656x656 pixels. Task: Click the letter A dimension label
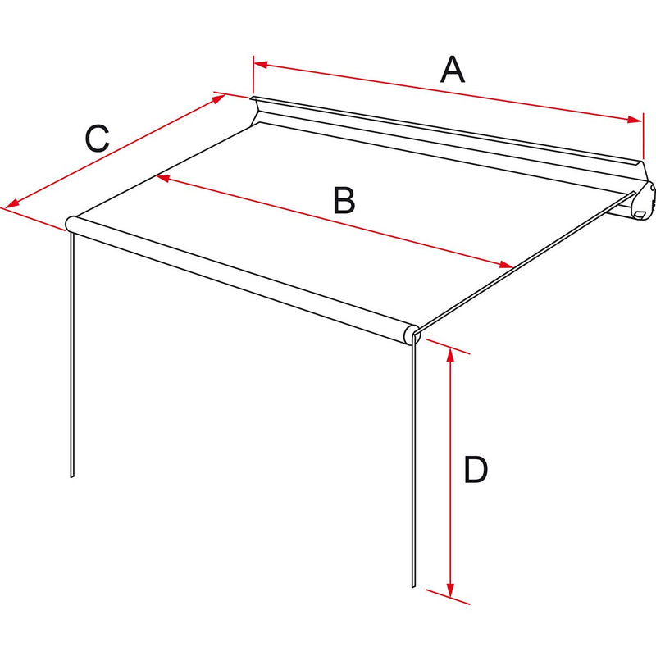(453, 70)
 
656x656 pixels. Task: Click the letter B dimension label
(344, 200)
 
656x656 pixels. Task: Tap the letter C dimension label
(97, 138)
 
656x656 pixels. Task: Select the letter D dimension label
(476, 469)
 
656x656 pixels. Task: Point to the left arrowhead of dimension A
(260, 65)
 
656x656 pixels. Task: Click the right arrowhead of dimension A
(634, 120)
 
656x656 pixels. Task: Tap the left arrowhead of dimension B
(162, 178)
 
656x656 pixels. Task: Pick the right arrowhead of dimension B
(506, 264)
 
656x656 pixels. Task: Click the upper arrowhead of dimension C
(219, 98)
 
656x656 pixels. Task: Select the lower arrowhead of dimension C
(11, 203)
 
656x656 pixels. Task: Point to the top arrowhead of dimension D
(450, 354)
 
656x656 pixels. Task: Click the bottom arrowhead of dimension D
(450, 590)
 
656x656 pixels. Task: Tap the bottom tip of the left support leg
(72, 477)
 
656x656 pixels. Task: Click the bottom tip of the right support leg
(414, 587)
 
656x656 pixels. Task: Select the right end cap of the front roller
(412, 335)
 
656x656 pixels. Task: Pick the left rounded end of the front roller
(71, 223)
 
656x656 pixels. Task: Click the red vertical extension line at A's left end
(253, 75)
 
